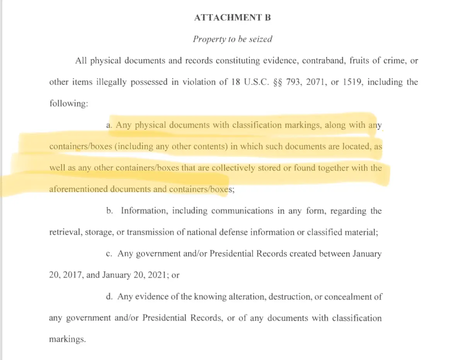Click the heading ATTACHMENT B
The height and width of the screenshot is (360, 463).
[233, 18]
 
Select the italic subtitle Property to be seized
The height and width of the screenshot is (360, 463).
[233, 39]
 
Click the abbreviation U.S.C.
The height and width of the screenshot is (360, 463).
[253, 82]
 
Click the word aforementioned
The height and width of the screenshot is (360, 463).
[78, 189]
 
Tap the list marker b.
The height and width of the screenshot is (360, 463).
[109, 211]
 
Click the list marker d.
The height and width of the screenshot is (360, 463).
[109, 297]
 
